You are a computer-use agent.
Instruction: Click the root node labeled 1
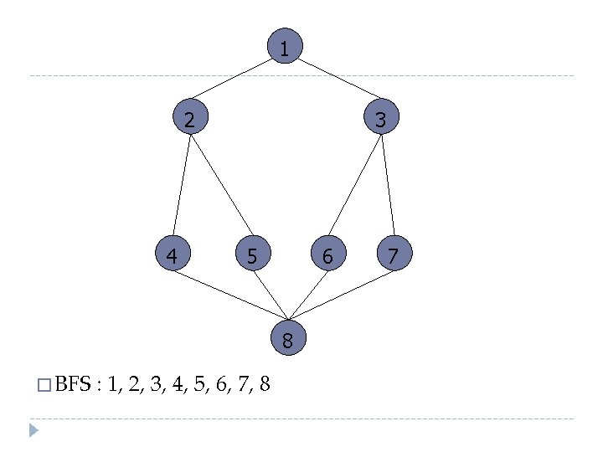click(x=285, y=48)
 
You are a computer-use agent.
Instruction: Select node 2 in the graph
click(x=190, y=119)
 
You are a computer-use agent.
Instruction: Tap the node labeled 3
click(x=380, y=119)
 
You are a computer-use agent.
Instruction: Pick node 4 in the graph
click(x=172, y=254)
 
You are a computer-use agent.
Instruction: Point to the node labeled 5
click(x=252, y=254)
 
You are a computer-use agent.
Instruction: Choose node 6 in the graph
click(x=327, y=254)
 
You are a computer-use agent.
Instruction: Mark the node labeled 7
click(x=394, y=254)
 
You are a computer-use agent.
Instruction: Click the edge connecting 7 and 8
click(x=339, y=295)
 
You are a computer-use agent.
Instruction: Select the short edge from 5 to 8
click(x=271, y=295)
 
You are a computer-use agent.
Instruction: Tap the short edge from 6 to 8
click(x=306, y=295)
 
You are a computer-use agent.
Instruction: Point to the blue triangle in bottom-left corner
click(x=33, y=431)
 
